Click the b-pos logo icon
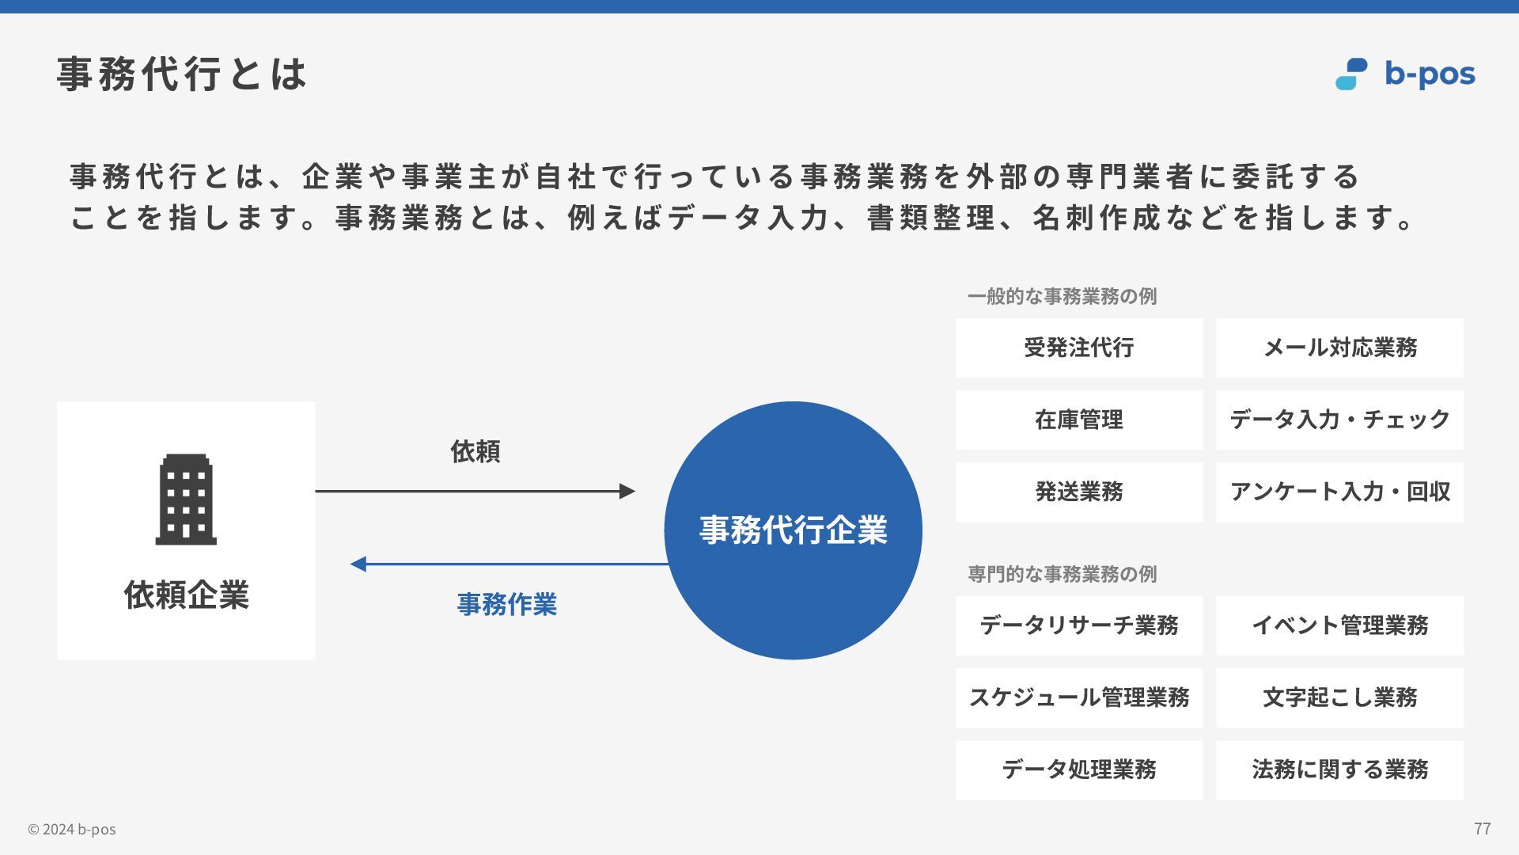tap(1351, 74)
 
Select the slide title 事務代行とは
tap(182, 74)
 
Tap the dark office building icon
tap(186, 500)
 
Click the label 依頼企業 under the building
tap(186, 595)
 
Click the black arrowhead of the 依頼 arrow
tap(627, 492)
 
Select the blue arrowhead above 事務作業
tap(358, 564)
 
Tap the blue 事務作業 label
tap(507, 605)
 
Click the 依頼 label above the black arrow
tap(475, 451)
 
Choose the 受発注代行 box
tap(1079, 348)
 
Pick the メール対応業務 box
tap(1339, 348)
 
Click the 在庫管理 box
tap(1079, 420)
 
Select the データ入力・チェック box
tap(1339, 420)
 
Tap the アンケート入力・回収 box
tap(1339, 492)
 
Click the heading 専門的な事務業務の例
tap(1062, 574)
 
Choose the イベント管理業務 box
tap(1339, 625)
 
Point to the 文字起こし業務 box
tap(1339, 697)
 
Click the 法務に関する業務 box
tap(1339, 769)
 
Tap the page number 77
tap(1482, 828)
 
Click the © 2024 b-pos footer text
tap(72, 829)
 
